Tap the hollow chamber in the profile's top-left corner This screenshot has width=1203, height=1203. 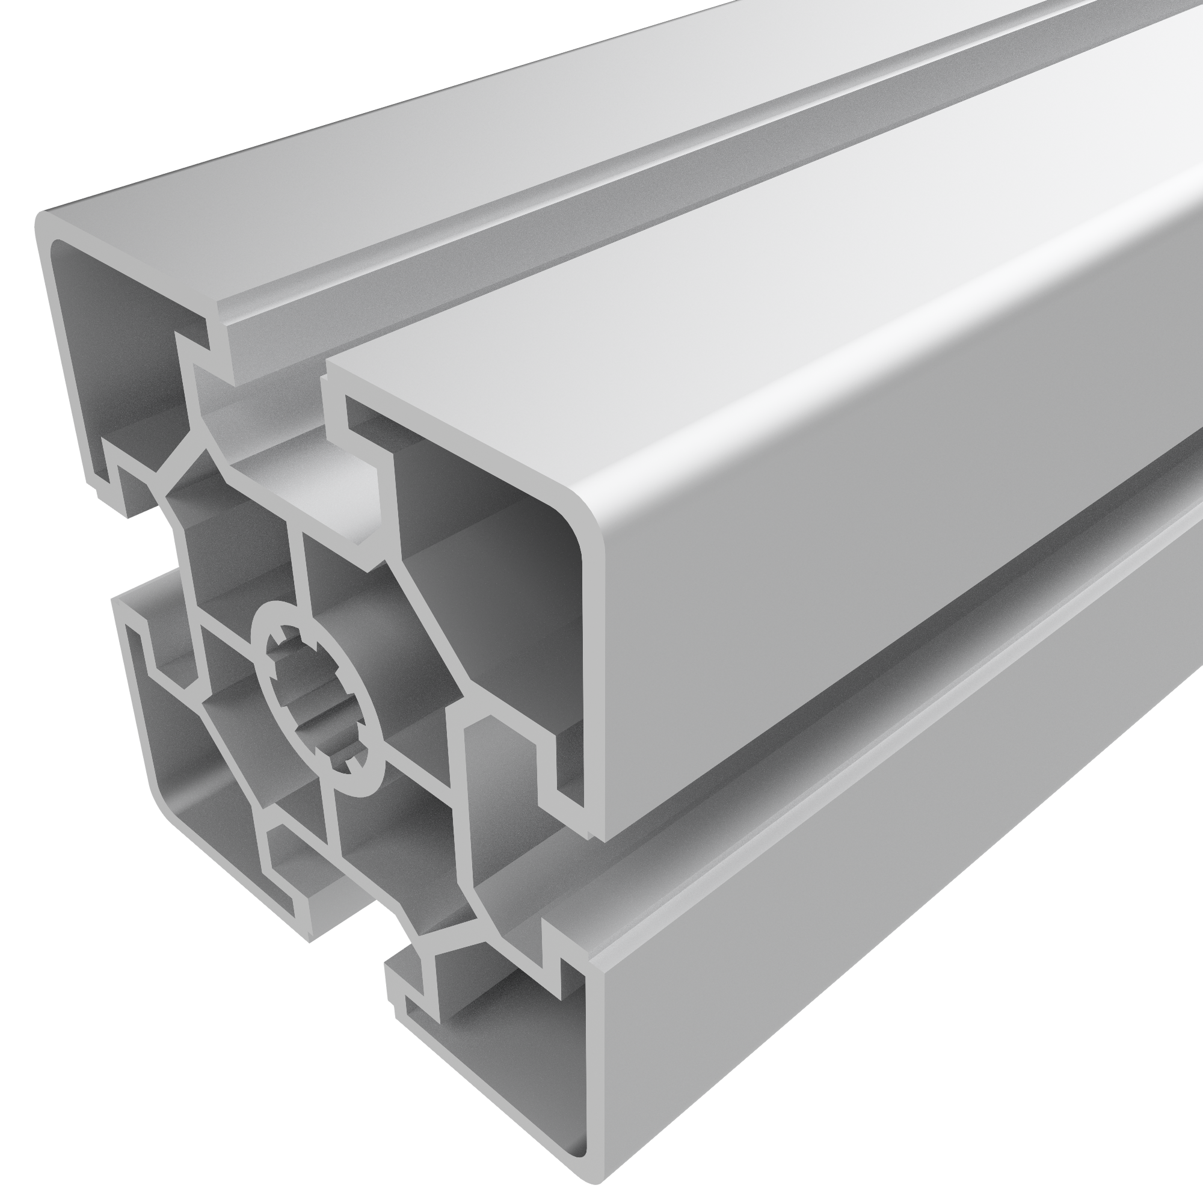click(x=118, y=349)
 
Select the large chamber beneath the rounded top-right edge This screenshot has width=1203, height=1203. click(x=485, y=561)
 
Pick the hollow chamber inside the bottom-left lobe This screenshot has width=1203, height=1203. click(x=199, y=778)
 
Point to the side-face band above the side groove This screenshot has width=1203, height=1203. click(x=872, y=591)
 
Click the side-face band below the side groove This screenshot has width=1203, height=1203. click(x=872, y=934)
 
